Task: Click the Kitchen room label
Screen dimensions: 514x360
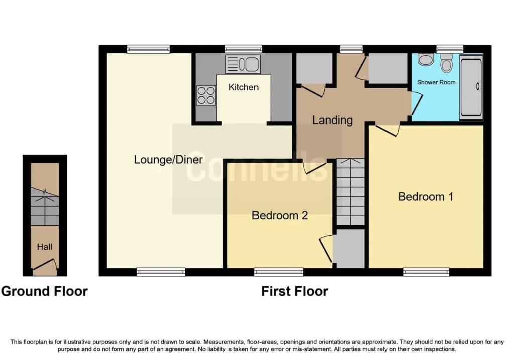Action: (x=243, y=87)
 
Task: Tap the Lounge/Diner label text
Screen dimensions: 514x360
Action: (x=168, y=160)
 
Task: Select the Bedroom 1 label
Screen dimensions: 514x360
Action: (x=426, y=197)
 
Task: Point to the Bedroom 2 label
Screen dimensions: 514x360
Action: (x=280, y=215)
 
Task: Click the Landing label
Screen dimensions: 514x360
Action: (x=332, y=120)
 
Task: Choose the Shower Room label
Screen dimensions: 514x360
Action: (x=436, y=82)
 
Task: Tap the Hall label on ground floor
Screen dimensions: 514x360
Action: (x=44, y=247)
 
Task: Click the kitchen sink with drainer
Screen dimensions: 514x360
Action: (x=243, y=64)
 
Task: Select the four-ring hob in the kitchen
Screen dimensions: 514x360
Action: (x=206, y=95)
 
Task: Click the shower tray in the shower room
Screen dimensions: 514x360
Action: (x=471, y=86)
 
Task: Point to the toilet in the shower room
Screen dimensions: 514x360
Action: (x=446, y=63)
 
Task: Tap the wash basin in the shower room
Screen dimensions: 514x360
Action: (x=426, y=59)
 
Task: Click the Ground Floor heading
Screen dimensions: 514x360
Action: (x=44, y=291)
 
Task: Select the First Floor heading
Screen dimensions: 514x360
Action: (x=294, y=291)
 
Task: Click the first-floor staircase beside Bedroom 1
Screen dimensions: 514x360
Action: (x=351, y=192)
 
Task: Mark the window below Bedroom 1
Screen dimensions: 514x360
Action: (x=426, y=272)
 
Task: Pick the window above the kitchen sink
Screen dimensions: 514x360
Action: (x=243, y=49)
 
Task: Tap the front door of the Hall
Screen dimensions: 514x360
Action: (x=45, y=264)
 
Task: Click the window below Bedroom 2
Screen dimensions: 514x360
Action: (x=279, y=272)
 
